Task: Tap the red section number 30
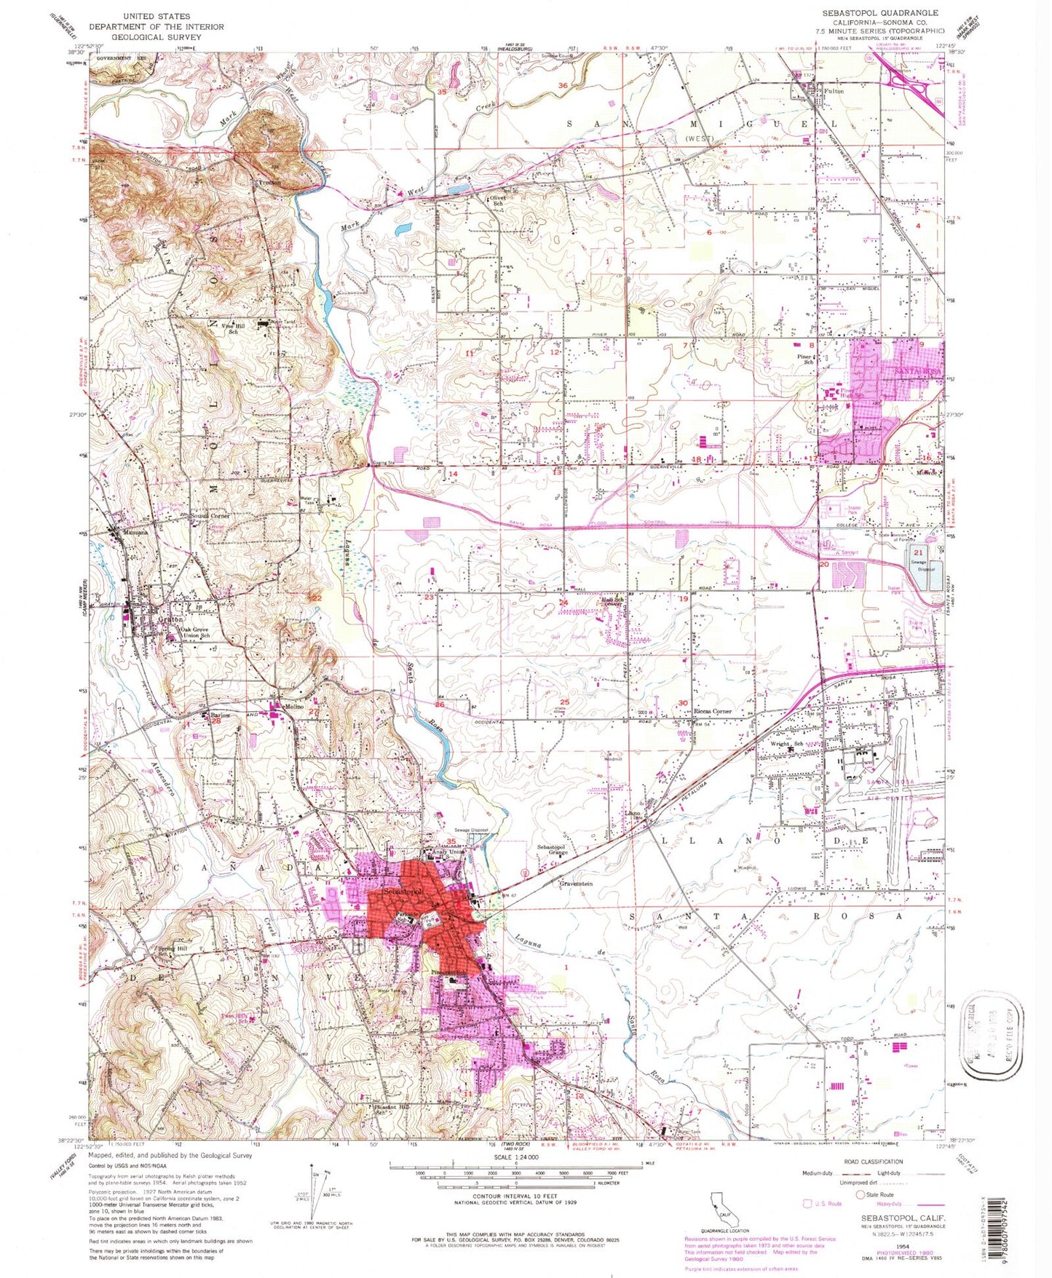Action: [x=682, y=702]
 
